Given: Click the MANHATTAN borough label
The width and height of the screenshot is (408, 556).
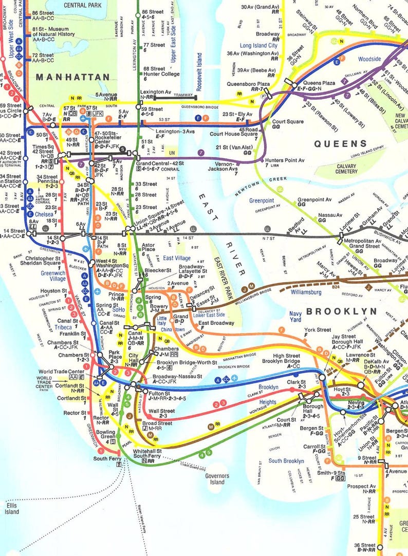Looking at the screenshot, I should [72, 77].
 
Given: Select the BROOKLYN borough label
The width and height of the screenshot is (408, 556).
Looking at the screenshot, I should [341, 311].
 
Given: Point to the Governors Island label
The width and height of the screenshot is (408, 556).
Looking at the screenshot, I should [217, 479].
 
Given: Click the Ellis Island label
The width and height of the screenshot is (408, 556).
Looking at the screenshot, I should [12, 508].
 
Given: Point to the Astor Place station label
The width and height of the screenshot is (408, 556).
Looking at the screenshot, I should [148, 248].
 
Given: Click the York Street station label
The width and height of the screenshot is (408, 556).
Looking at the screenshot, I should [317, 330].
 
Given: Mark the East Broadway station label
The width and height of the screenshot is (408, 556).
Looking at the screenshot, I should [216, 323].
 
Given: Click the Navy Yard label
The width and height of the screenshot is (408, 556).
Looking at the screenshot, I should [295, 317].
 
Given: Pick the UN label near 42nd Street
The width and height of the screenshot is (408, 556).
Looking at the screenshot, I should [173, 153].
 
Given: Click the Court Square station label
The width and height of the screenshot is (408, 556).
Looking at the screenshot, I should [286, 122].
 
